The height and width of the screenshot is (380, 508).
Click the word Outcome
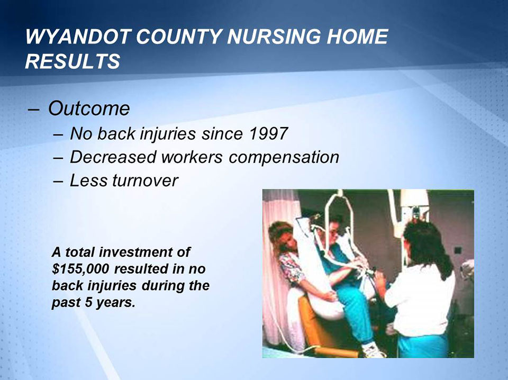(89, 108)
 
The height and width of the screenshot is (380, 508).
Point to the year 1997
(267, 133)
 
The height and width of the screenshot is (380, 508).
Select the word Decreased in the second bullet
(113, 157)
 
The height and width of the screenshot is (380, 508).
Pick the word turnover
(145, 180)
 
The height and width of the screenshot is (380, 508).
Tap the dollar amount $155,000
(83, 267)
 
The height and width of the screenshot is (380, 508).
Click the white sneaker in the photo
(373, 349)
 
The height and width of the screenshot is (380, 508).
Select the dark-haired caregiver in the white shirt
(423, 286)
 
